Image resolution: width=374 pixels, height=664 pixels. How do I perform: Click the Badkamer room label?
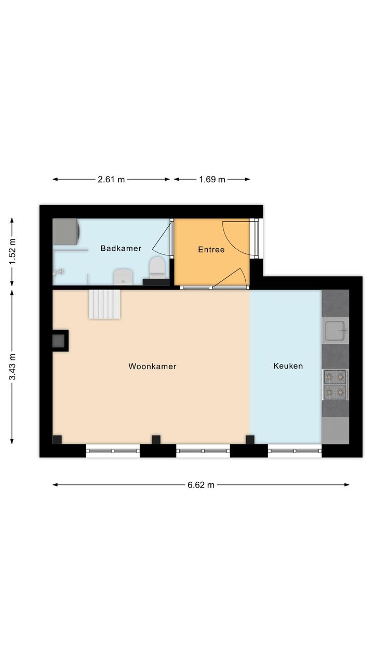click(x=121, y=248)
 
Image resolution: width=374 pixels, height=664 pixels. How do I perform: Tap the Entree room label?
click(x=211, y=250)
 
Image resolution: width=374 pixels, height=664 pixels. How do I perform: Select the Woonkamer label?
click(x=152, y=367)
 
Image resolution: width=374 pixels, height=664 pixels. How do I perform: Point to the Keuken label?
click(x=288, y=366)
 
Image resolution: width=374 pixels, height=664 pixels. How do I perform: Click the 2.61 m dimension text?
click(x=111, y=179)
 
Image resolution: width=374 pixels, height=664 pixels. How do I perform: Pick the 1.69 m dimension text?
click(x=212, y=179)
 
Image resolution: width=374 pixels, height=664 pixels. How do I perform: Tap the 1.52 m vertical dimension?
click(x=12, y=252)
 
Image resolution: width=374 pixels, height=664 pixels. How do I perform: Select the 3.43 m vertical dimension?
click(x=12, y=367)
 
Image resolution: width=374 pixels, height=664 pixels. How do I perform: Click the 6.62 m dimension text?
click(x=201, y=485)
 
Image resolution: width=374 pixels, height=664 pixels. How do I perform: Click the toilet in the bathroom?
click(x=157, y=268)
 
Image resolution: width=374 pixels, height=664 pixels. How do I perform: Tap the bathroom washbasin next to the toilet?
click(x=124, y=276)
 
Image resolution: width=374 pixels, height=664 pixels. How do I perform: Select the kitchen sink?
click(x=336, y=331)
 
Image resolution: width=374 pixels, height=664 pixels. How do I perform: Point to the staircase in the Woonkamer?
click(x=104, y=304)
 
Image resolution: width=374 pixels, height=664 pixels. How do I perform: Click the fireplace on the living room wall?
click(x=60, y=341)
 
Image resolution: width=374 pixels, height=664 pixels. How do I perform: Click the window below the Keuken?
click(x=295, y=451)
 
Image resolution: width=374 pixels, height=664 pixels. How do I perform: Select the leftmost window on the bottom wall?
click(x=113, y=451)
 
